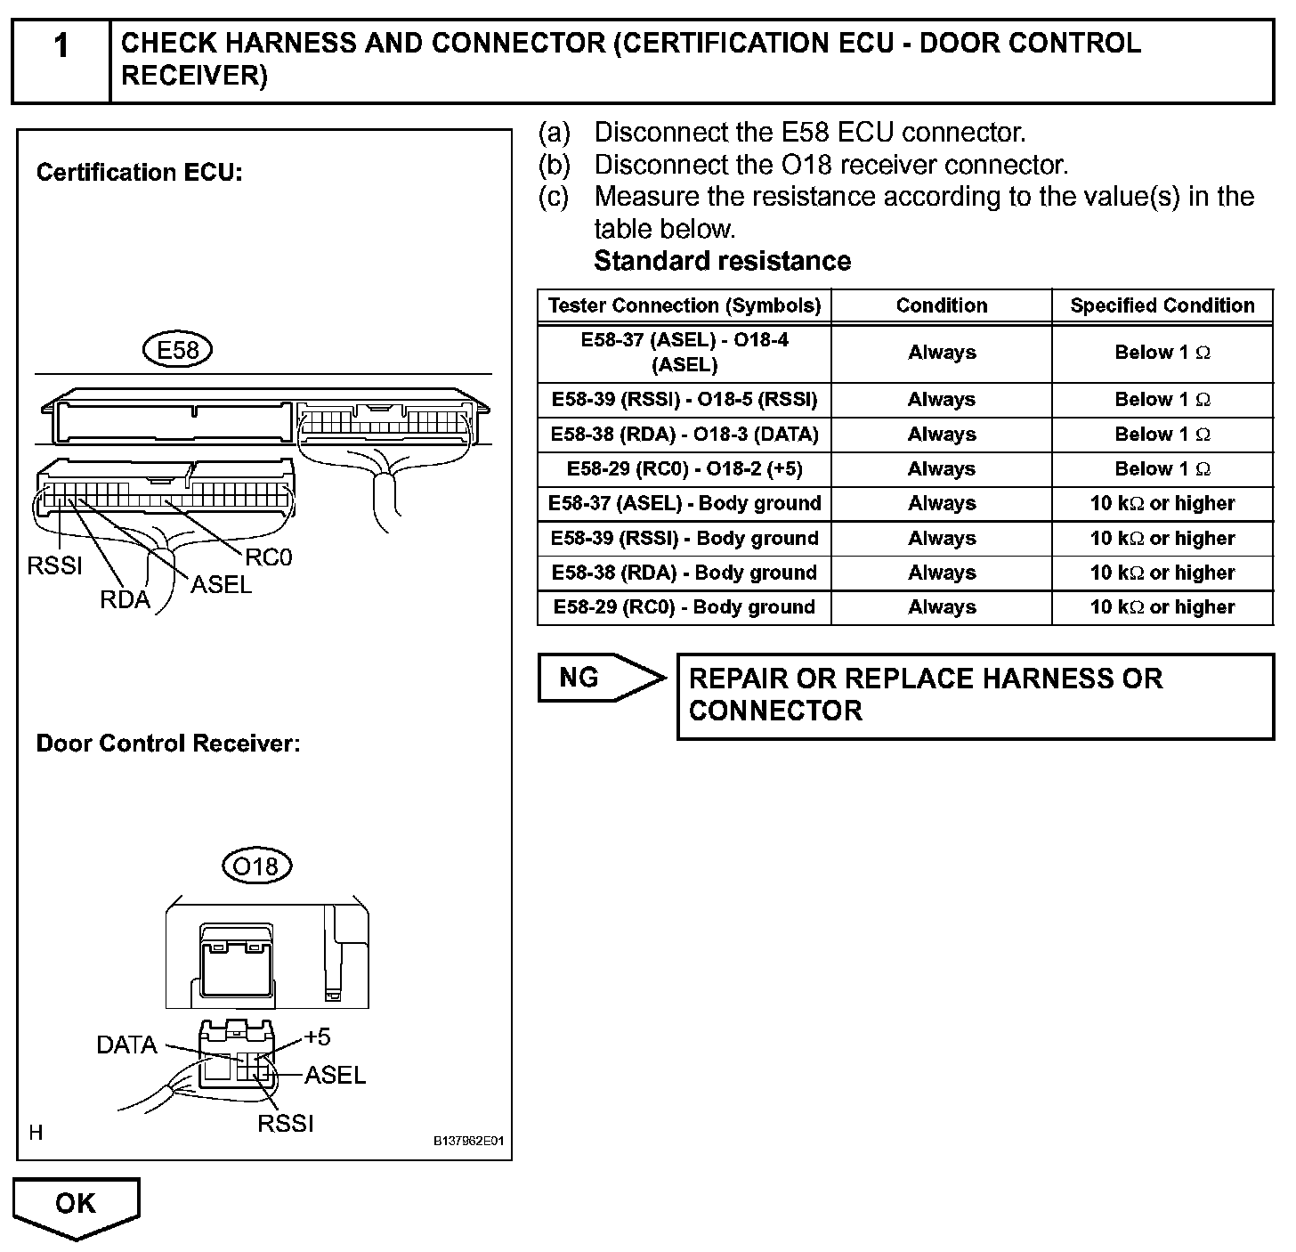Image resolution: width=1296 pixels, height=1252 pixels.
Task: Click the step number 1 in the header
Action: point(61,46)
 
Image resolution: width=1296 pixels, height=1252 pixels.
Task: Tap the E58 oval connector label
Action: point(177,350)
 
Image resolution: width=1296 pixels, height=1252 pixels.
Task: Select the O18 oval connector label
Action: point(255,866)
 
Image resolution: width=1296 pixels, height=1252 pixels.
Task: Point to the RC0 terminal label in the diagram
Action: point(268,557)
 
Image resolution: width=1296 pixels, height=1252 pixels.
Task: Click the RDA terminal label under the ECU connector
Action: point(125,599)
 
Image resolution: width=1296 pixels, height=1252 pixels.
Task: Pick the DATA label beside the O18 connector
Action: point(126,1045)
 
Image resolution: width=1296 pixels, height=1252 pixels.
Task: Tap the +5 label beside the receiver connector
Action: point(317,1037)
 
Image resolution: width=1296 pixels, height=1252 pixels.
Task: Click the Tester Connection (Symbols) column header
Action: point(684,305)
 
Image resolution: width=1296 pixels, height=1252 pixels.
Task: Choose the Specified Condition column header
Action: point(1162,305)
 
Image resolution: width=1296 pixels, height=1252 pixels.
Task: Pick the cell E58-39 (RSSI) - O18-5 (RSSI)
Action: point(684,399)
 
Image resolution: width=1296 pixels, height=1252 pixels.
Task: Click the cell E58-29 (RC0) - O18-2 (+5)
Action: point(684,468)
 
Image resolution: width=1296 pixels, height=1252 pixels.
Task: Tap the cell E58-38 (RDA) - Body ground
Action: point(684,573)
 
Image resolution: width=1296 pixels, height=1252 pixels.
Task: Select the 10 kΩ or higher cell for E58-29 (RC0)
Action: point(1162,607)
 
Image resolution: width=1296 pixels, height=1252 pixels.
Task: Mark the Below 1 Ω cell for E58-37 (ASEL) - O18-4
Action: point(1162,353)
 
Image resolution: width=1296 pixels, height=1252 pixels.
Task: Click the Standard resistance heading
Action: point(722,261)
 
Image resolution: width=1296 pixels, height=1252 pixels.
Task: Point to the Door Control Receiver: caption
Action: point(167,744)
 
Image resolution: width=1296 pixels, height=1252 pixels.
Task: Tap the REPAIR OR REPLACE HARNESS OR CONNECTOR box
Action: point(975,695)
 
